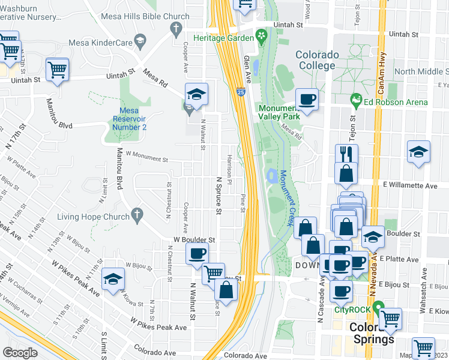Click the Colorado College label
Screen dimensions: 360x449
(317, 60)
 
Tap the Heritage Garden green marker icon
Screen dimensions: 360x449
(261, 37)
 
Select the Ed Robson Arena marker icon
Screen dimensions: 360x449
(356, 99)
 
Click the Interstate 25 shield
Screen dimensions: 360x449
(240, 93)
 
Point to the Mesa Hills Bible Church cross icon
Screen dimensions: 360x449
(176, 28)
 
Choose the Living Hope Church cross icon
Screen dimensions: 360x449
(137, 214)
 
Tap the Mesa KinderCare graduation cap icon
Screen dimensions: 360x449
(140, 41)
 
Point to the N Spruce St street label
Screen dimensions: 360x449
(218, 196)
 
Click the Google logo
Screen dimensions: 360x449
(20, 352)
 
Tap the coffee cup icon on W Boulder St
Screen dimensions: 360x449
(197, 253)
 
